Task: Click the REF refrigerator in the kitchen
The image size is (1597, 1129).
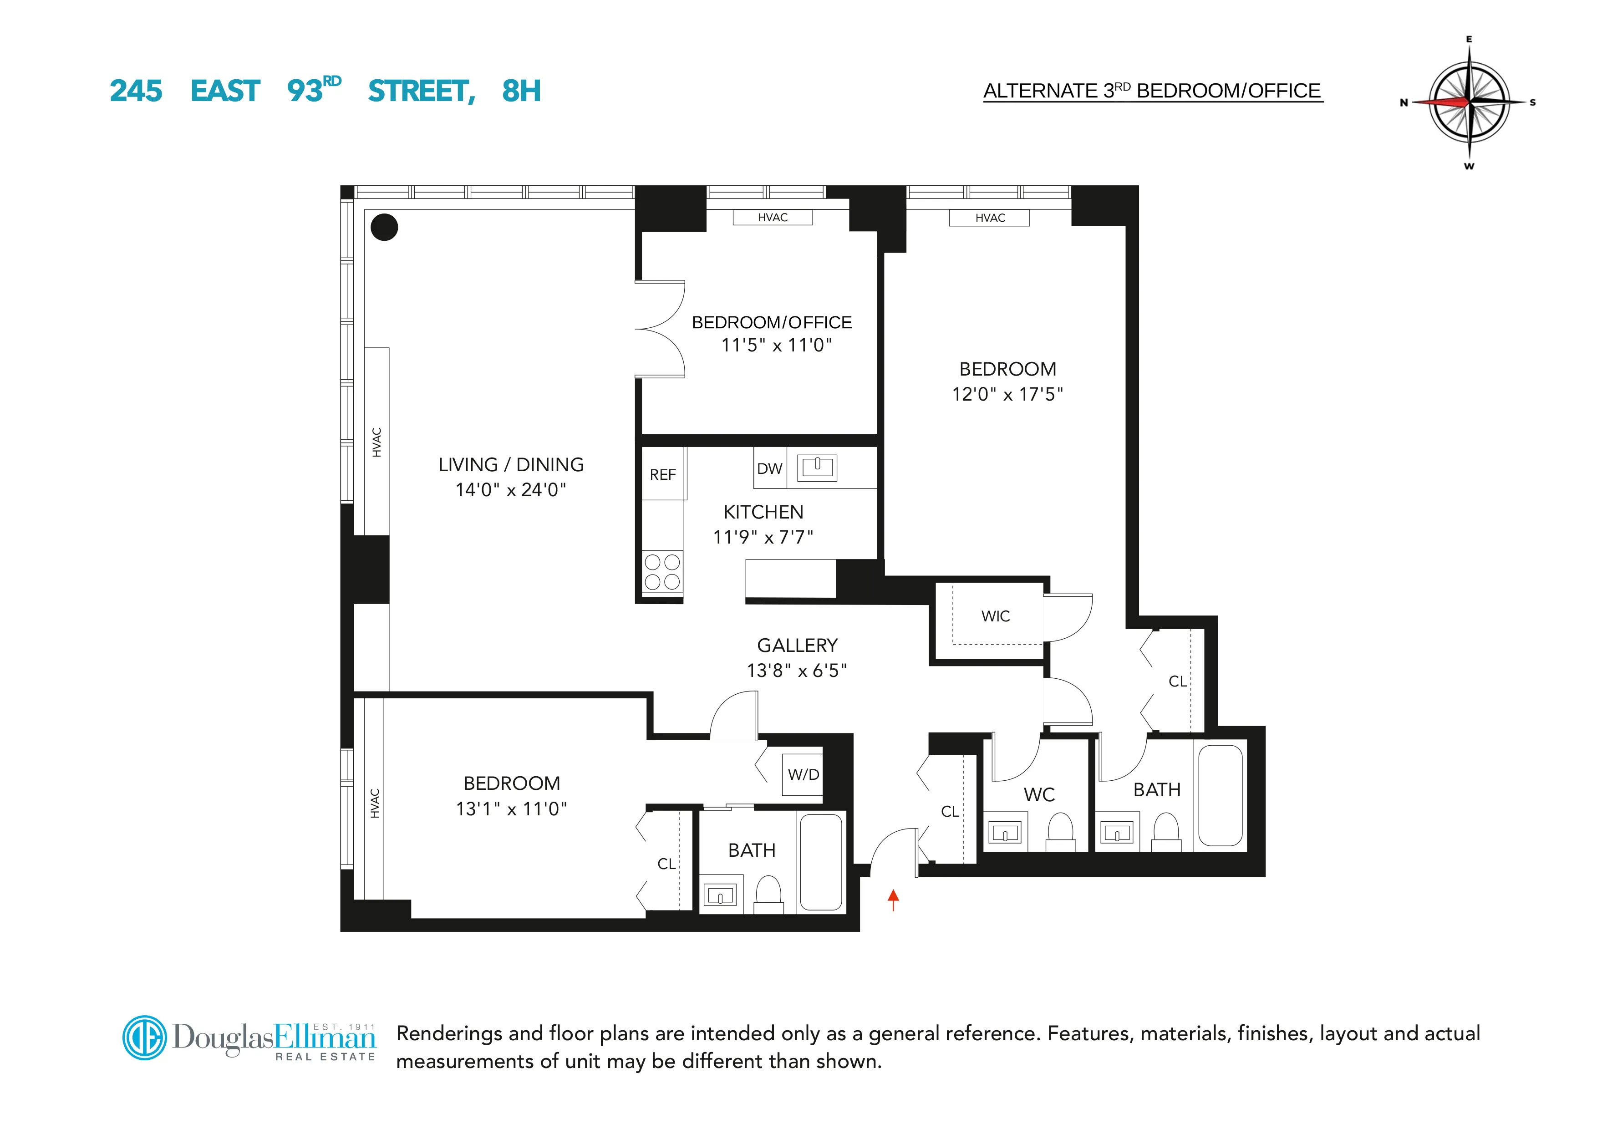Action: tap(663, 474)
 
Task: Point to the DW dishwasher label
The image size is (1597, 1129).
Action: tap(769, 469)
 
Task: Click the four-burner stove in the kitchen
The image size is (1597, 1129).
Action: tap(662, 572)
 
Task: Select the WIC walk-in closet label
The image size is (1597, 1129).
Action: tap(995, 616)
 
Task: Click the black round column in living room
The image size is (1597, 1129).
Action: tap(384, 227)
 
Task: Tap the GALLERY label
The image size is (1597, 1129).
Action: tap(797, 646)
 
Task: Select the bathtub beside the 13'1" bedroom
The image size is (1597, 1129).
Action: tap(821, 863)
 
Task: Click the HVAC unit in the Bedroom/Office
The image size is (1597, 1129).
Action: tap(772, 218)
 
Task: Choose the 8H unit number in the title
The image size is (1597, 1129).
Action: tap(521, 91)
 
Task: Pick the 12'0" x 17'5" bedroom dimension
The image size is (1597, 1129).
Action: tap(1007, 394)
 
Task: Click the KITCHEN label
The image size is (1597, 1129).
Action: tap(763, 512)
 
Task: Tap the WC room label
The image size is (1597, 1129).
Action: tap(1039, 794)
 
